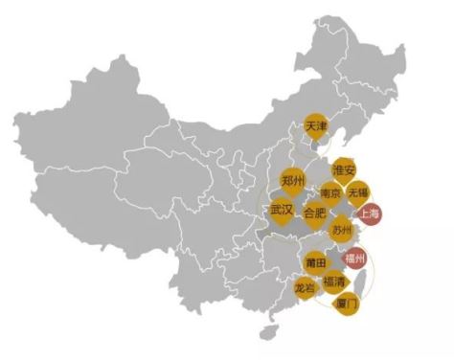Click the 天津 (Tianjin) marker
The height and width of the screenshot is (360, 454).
point(316,126)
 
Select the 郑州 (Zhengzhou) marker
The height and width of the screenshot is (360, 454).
point(292,180)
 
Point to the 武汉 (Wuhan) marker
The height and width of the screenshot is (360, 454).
point(282,209)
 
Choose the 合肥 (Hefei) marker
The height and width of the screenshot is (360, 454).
point(314,213)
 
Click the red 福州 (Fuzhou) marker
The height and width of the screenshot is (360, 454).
point(355,259)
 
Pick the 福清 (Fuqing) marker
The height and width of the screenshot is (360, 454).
point(335,281)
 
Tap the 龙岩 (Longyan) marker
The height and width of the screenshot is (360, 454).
point(306,287)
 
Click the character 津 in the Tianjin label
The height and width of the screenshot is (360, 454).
point(323,126)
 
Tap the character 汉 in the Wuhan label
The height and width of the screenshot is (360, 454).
point(288,209)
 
